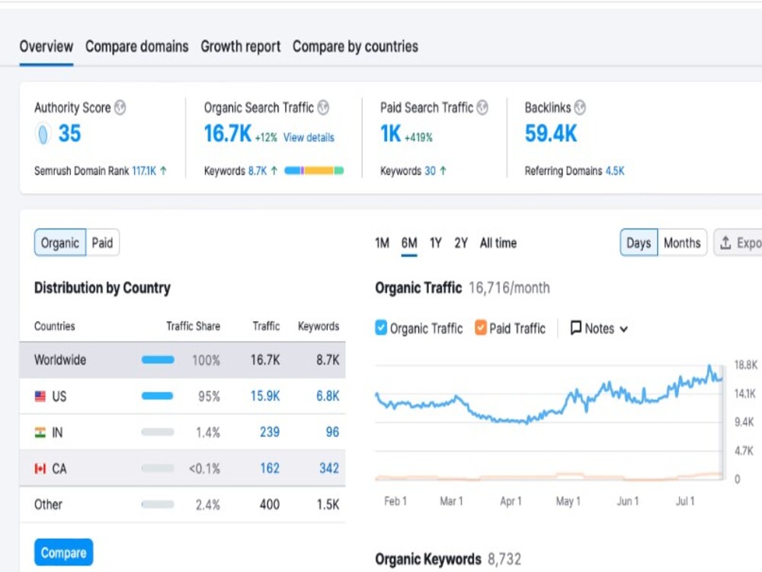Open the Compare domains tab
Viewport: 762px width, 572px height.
tap(136, 47)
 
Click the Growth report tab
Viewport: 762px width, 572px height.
tap(241, 47)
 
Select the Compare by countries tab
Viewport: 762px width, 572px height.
tap(355, 47)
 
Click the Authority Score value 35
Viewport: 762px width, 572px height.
tap(69, 134)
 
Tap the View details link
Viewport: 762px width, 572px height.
tap(309, 138)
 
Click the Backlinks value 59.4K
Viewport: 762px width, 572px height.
tap(551, 134)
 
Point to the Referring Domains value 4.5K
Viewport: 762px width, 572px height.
tap(615, 172)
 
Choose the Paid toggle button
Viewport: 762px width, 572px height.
tap(102, 243)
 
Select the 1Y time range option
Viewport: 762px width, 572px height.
tap(435, 243)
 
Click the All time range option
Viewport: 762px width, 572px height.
tap(498, 243)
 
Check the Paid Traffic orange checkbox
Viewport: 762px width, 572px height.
tap(481, 329)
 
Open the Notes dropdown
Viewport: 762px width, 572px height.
tap(600, 329)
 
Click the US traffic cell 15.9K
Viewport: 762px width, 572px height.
tap(265, 397)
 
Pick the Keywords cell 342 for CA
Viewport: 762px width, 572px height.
tap(328, 468)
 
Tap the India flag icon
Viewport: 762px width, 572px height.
tap(40, 432)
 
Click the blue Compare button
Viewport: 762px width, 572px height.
tap(63, 553)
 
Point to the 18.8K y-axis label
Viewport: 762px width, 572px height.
tap(744, 365)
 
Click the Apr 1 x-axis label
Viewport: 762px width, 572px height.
tap(511, 501)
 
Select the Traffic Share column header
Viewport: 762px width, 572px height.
tap(193, 326)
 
